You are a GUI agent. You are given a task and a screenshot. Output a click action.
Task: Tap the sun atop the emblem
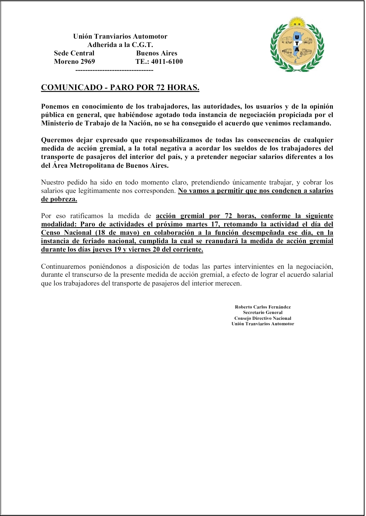[x=297, y=22]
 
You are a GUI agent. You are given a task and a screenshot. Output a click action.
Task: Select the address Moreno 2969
[x=74, y=62]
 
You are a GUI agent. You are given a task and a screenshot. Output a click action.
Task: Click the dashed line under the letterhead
[x=114, y=70]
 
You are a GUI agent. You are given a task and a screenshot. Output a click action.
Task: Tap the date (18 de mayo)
[x=117, y=233]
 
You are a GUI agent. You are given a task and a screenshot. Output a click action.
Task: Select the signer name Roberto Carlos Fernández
[x=262, y=307]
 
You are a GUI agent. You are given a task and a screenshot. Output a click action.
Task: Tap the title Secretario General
[x=262, y=313]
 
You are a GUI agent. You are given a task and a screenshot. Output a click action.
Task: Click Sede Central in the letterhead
[x=74, y=53]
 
